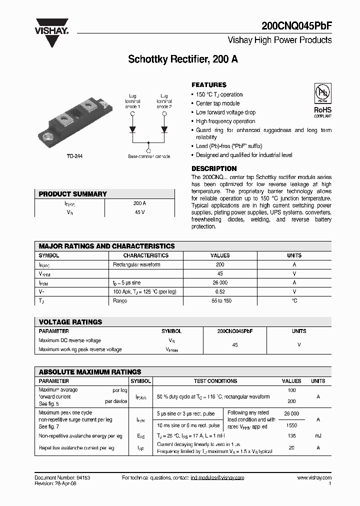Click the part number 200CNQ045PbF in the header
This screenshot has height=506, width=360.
point(296,26)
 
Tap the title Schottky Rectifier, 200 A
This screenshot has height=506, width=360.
point(183,59)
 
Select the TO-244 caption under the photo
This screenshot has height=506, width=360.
point(74,156)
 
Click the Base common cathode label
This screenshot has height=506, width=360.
point(148,156)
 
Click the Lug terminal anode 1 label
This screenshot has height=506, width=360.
point(132,100)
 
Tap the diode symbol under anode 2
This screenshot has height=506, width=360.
point(164,130)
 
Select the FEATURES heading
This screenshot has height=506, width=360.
point(209,85)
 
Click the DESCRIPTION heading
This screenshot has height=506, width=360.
point(214,168)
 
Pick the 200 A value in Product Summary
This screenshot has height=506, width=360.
point(139,203)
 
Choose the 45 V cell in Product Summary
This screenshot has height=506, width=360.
point(139,212)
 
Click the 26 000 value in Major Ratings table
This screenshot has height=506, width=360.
point(220,282)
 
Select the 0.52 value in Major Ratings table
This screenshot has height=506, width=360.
point(220,291)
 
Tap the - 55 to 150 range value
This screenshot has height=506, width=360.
point(220,300)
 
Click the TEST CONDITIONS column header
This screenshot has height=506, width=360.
point(215,381)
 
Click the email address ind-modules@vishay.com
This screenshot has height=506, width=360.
point(217,478)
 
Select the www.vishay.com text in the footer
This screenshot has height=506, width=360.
point(314,478)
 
